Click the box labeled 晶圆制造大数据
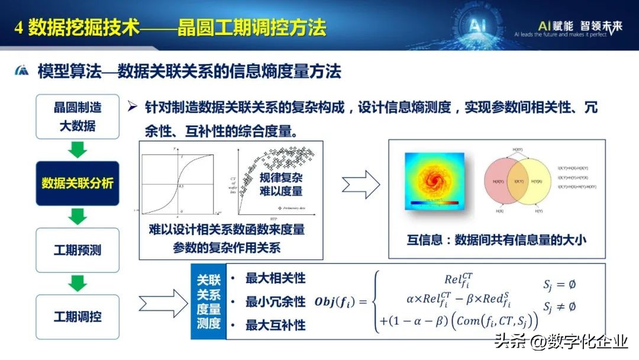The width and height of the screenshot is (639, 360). [78, 116]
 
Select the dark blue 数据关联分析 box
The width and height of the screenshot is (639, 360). [78, 183]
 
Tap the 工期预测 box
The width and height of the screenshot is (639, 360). [78, 250]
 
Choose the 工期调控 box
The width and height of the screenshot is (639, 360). [78, 317]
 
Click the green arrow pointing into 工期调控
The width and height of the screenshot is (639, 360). [78, 283]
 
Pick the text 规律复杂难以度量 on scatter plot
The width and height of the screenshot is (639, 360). [281, 184]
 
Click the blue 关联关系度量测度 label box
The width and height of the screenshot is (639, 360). [208, 302]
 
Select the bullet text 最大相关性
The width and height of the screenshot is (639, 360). [275, 278]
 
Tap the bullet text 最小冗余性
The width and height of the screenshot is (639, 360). [275, 302]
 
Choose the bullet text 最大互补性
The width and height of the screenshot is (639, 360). [275, 325]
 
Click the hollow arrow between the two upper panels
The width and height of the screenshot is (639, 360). [360, 185]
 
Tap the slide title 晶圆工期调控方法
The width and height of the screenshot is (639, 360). [251, 27]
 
